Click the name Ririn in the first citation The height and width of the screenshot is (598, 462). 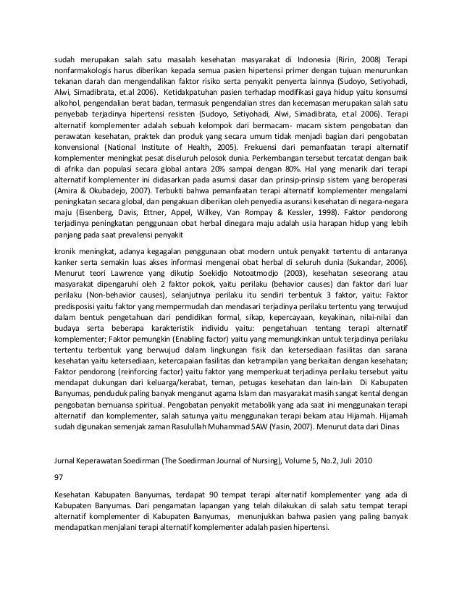coord(348,59)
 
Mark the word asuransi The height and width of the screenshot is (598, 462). coord(304,203)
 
